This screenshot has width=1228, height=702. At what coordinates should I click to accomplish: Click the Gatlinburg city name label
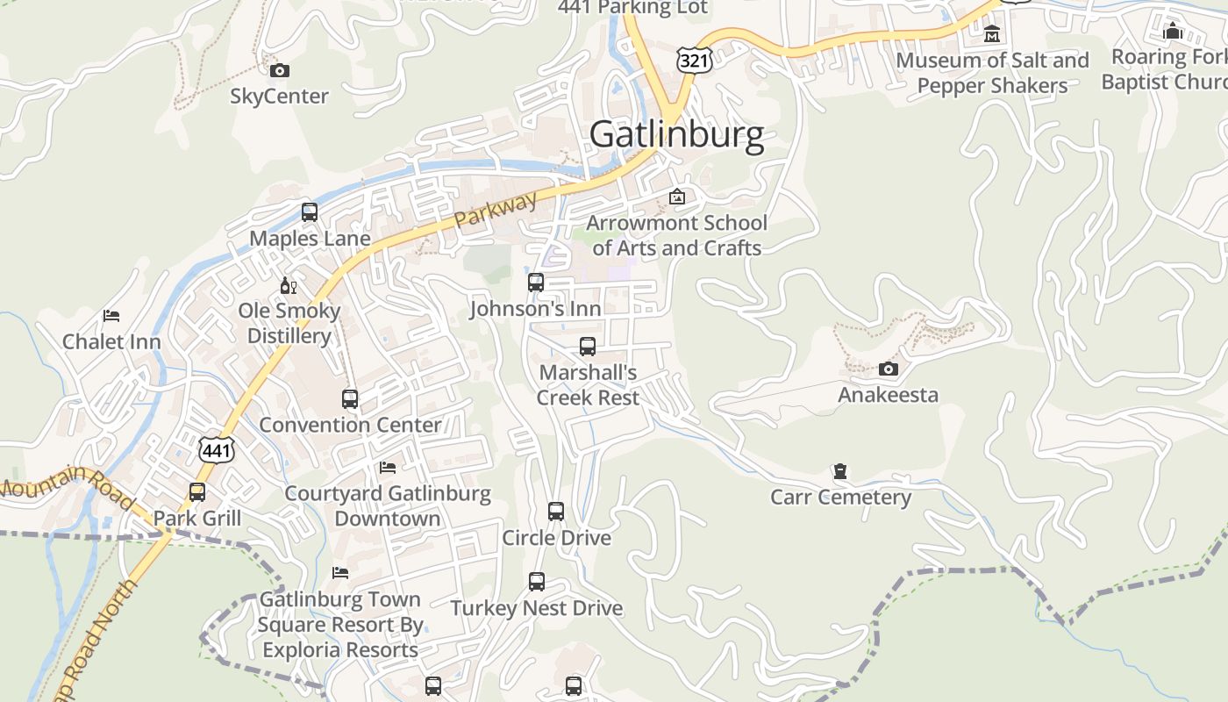pyautogui.click(x=676, y=135)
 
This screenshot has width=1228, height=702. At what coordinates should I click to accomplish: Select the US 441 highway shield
pyautogui.click(x=216, y=449)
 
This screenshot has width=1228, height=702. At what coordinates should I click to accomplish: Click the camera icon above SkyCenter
pyautogui.click(x=280, y=70)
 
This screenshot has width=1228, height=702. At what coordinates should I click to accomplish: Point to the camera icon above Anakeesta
pyautogui.click(x=889, y=369)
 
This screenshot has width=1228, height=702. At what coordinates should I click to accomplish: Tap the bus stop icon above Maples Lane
pyautogui.click(x=309, y=212)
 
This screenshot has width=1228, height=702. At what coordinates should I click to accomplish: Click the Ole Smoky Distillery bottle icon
pyautogui.click(x=288, y=285)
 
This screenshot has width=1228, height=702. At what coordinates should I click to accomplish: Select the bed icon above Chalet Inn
pyautogui.click(x=111, y=316)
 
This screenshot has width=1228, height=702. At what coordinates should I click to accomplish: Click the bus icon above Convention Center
pyautogui.click(x=350, y=399)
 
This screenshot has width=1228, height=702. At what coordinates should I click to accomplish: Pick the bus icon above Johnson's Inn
pyautogui.click(x=536, y=283)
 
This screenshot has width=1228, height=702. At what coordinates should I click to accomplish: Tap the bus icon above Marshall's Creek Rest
pyautogui.click(x=588, y=347)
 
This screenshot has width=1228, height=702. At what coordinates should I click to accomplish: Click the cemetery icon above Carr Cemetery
pyautogui.click(x=840, y=472)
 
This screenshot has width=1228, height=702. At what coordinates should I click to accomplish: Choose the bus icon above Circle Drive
pyautogui.click(x=556, y=512)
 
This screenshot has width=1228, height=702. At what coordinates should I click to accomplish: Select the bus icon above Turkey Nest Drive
pyautogui.click(x=537, y=582)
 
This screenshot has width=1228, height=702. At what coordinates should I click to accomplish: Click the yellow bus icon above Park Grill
pyautogui.click(x=197, y=492)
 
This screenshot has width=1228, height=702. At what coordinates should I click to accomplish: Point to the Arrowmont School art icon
pyautogui.click(x=676, y=197)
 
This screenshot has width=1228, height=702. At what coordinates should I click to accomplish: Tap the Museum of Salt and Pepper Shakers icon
pyautogui.click(x=992, y=34)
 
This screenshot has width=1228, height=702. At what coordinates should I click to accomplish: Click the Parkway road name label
pyautogui.click(x=496, y=210)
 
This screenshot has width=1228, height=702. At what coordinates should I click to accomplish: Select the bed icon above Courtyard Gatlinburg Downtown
pyautogui.click(x=388, y=468)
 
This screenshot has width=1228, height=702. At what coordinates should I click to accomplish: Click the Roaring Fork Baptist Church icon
pyautogui.click(x=1173, y=31)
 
